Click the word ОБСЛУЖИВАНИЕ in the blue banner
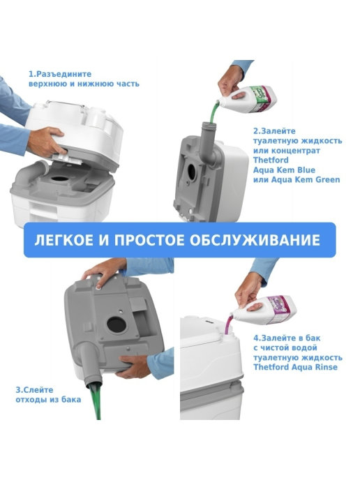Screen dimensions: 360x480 click(x=255, y=240)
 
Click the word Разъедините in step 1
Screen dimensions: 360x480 click(x=63, y=74)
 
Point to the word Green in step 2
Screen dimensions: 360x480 click(x=327, y=179)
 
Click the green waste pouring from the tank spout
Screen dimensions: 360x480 click(x=96, y=401)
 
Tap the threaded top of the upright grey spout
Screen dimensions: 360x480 click(x=209, y=125)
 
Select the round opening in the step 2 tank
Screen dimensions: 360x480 click(x=192, y=172)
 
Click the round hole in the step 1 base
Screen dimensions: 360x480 click(x=59, y=179)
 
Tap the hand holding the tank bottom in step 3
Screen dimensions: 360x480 click(x=133, y=366)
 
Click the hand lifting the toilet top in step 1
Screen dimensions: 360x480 click(x=47, y=142)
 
